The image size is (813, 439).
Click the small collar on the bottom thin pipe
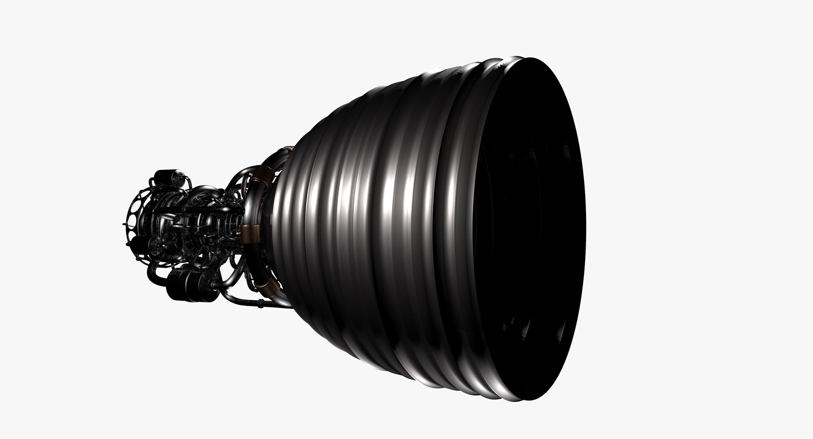coord(259,303)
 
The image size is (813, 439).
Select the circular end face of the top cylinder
coord(159,177)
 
